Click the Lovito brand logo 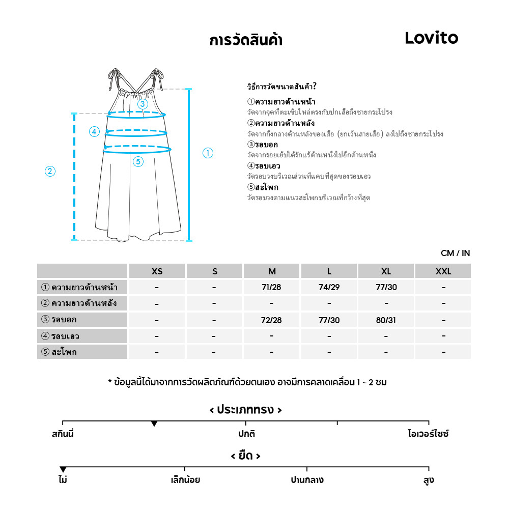click(431, 38)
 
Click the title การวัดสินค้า click(246, 40)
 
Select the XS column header click(157, 271)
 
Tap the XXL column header click(443, 271)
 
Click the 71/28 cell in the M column click(271, 287)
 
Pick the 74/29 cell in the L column click(329, 287)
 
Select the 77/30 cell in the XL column click(386, 287)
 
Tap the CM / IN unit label click(455, 253)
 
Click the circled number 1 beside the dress click(208, 153)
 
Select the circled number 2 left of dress click(50, 172)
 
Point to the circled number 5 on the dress click(138, 162)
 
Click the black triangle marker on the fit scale click(154, 424)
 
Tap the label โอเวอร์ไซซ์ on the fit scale click(428, 435)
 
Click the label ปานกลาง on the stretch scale click(307, 480)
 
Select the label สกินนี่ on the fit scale click(63, 435)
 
